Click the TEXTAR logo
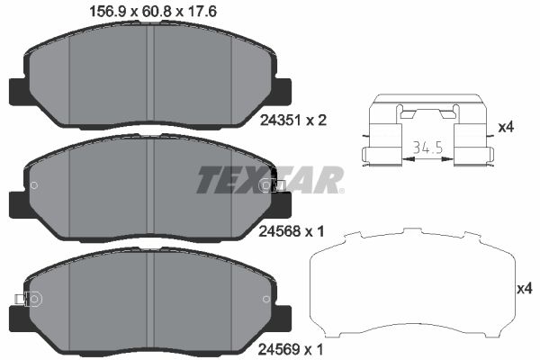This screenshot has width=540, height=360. point(270,180)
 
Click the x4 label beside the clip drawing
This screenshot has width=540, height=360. point(506,127)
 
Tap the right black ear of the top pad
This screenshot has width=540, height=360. point(284,92)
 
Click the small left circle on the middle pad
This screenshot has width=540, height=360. point(33,186)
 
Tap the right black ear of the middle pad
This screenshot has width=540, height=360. point(284,205)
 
